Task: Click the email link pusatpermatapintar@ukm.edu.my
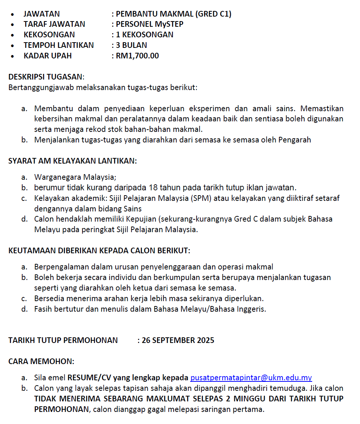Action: pyautogui.click(x=251, y=378)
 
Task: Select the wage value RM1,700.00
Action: pyautogui.click(x=137, y=56)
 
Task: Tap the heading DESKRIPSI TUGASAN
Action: pyautogui.click(x=46, y=77)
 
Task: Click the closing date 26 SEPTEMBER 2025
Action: pyautogui.click(x=178, y=340)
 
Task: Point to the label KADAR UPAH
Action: pyautogui.click(x=47, y=56)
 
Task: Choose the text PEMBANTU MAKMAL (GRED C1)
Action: pyautogui.click(x=174, y=14)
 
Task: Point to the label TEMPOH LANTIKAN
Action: pyautogui.click(x=58, y=45)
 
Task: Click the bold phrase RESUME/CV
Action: pyautogui.click(x=89, y=378)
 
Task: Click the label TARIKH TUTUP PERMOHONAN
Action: pyautogui.click(x=63, y=340)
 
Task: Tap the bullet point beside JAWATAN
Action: pyautogui.click(x=13, y=14)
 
